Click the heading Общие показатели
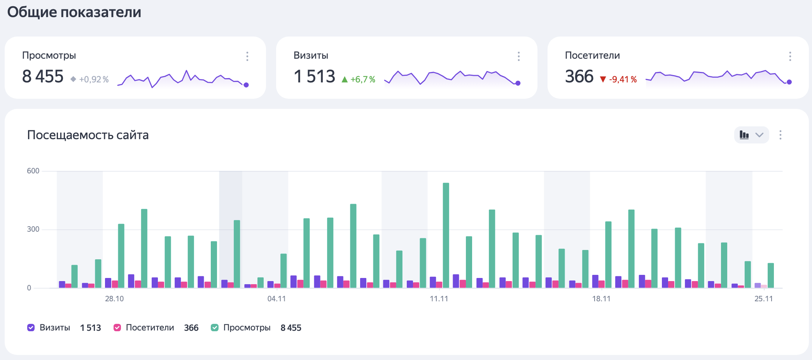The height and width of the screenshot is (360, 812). click(x=74, y=12)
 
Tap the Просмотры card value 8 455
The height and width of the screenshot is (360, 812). click(x=43, y=77)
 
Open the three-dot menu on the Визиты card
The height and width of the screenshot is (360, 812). click(x=518, y=56)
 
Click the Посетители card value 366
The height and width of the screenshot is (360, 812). click(x=579, y=77)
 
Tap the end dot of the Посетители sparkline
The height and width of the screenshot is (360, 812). click(x=789, y=82)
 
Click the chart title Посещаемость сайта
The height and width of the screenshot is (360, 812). click(x=88, y=135)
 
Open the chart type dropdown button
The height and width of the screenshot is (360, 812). click(x=751, y=135)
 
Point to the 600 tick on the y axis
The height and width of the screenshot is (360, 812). click(x=33, y=171)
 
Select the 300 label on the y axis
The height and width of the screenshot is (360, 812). click(x=33, y=229)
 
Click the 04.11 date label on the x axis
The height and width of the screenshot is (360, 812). click(x=276, y=299)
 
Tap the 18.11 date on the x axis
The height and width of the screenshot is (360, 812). click(x=601, y=299)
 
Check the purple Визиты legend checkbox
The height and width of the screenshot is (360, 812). click(x=31, y=328)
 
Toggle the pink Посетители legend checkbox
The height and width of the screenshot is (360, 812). click(x=117, y=328)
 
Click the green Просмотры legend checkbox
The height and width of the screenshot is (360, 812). click(x=215, y=328)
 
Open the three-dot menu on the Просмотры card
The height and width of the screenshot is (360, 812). click(x=247, y=56)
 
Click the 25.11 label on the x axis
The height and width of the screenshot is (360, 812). click(x=763, y=299)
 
